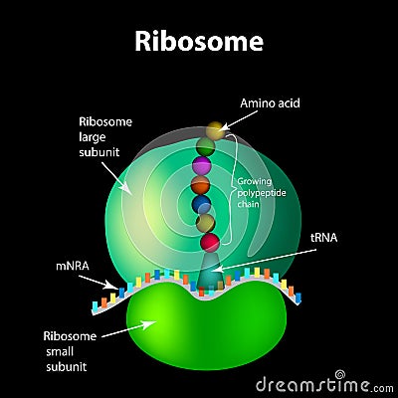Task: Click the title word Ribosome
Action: tap(199, 41)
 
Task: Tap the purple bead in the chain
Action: tap(202, 166)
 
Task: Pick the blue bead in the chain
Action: tap(201, 203)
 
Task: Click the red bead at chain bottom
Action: tap(209, 242)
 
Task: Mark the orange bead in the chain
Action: tap(201, 185)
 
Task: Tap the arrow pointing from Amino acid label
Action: tap(239, 119)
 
